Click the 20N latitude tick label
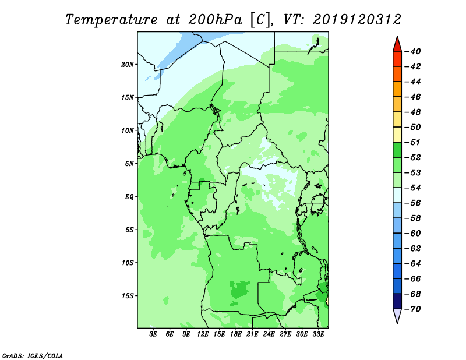coord(128,65)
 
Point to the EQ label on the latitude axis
coord(129,197)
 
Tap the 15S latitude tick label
coord(128,296)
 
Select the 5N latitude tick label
coord(129,164)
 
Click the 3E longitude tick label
coord(153,334)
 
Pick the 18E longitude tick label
coord(236,334)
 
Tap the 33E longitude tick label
coord(318,334)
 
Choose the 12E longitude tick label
coord(203,334)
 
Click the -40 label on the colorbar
coord(413,51)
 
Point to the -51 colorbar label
coord(413,142)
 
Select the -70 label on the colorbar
coord(413,309)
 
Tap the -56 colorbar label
coord(413,203)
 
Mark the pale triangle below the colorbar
coord(397,315)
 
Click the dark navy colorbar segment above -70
coord(397,301)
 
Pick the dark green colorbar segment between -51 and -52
coord(397,150)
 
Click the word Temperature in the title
coord(111,20)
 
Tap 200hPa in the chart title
coord(215,20)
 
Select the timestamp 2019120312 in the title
coord(357,20)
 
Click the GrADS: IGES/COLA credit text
coord(33,356)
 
